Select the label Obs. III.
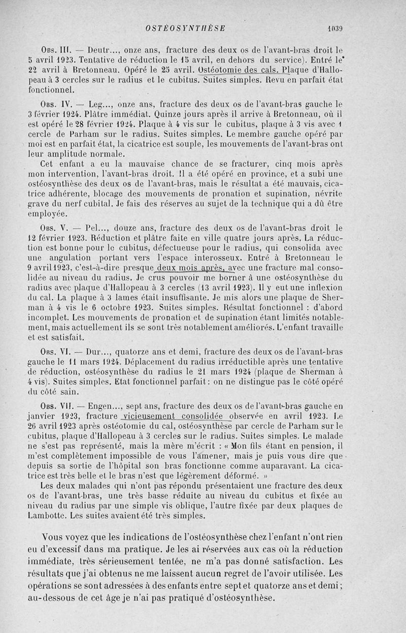pos(53,51)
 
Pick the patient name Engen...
pos(100,406)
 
